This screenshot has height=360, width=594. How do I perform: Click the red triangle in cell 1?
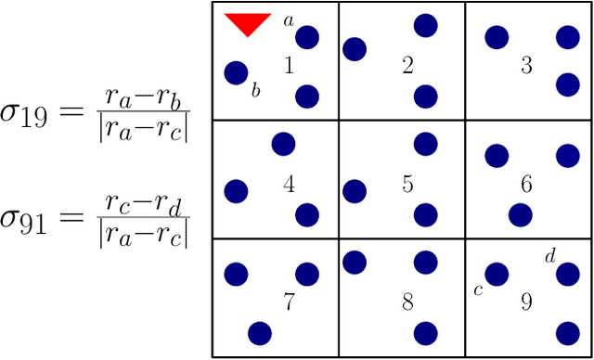click(x=248, y=23)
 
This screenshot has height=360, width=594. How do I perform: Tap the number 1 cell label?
click(x=289, y=66)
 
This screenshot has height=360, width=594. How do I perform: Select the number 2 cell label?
click(x=407, y=66)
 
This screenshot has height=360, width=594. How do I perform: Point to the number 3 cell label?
click(x=526, y=66)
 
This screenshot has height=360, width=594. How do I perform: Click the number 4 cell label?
click(x=289, y=185)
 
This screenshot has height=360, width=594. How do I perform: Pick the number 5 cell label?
click(x=407, y=185)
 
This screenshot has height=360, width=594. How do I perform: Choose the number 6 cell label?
click(x=526, y=185)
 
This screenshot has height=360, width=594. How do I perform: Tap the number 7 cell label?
click(x=289, y=302)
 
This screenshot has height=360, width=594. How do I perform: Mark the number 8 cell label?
click(x=407, y=302)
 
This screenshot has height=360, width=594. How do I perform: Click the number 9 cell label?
click(x=526, y=302)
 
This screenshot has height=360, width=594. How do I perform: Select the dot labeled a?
click(x=307, y=37)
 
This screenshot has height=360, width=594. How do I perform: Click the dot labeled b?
click(x=237, y=72)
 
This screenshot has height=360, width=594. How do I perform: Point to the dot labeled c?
click(x=497, y=274)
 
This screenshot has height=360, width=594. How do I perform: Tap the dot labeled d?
click(x=567, y=274)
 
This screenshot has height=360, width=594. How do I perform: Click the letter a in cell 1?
click(x=288, y=19)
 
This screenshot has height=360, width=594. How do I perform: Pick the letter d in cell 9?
click(x=549, y=254)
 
